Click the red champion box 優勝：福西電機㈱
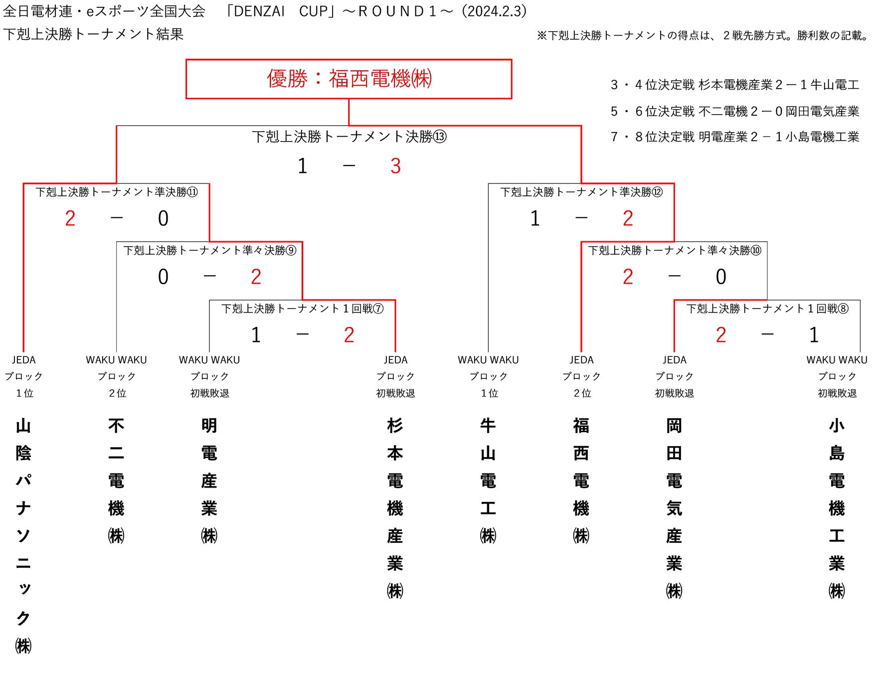[349, 79]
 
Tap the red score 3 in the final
[395, 166]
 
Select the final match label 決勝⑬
[349, 137]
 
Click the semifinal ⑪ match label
[117, 192]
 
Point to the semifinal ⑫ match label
[581, 192]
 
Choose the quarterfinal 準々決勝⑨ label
[209, 250]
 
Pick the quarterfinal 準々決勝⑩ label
[675, 250]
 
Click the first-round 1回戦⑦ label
[302, 309]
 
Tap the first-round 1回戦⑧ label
[767, 309]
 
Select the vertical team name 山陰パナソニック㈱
[23, 536]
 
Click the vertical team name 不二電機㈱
[116, 481]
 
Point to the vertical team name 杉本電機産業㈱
[395, 508]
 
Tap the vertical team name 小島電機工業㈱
[837, 508]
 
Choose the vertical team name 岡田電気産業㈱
[674, 508]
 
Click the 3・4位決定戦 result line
[735, 85]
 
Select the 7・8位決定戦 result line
[735, 137]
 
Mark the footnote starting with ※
[703, 35]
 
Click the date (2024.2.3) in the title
[495, 11]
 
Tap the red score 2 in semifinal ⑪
[70, 218]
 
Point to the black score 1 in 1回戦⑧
[814, 335]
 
